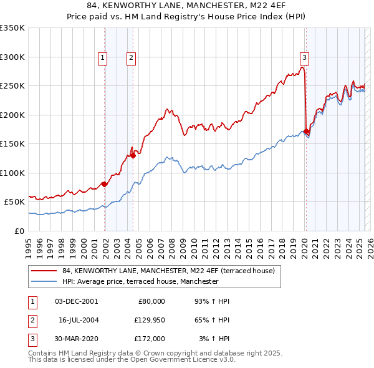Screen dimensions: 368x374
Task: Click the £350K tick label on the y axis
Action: click(12, 28)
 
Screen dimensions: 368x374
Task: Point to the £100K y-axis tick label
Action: click(12, 173)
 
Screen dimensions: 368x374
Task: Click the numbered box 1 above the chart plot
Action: click(102, 58)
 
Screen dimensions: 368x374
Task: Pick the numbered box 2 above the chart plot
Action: click(131, 58)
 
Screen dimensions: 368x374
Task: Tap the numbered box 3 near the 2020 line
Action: click(304, 58)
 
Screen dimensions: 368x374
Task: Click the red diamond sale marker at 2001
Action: click(105, 184)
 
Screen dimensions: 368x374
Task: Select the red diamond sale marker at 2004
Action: click(133, 155)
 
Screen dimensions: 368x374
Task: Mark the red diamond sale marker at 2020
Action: click(306, 131)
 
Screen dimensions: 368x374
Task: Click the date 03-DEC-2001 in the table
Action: click(76, 301)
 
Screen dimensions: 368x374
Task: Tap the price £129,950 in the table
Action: click(148, 320)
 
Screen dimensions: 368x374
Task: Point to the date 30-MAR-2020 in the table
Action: click(76, 339)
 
